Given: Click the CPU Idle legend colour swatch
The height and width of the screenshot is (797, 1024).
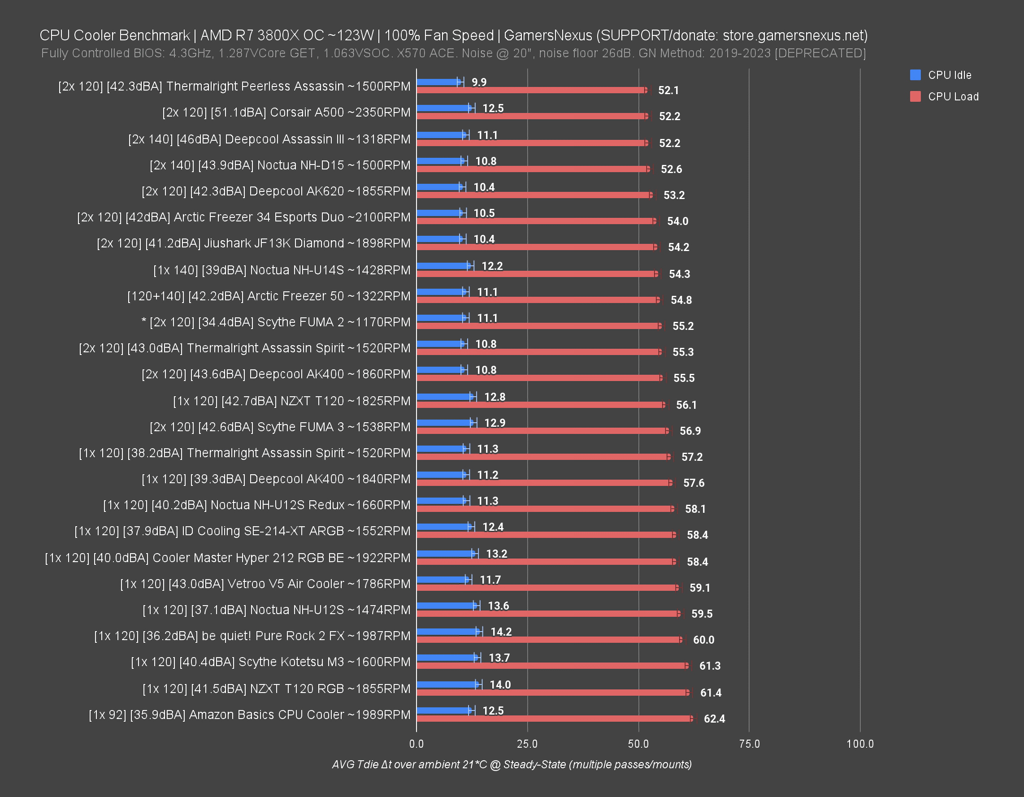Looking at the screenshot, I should click(915, 75).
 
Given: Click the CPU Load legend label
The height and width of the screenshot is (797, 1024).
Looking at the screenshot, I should click(953, 96).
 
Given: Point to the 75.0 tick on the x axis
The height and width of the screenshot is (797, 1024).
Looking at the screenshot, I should click(749, 744).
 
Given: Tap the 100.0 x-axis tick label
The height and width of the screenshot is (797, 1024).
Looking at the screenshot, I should click(859, 744).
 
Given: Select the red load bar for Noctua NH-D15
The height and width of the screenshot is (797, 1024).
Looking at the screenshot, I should click(532, 169).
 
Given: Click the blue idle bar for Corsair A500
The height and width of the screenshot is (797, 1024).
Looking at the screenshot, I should click(443, 108).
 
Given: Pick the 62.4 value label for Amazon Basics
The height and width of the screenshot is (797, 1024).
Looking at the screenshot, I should click(714, 718).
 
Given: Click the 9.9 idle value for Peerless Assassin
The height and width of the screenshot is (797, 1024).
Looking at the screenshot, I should click(479, 82).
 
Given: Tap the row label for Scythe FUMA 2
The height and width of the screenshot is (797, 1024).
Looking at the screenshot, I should click(276, 322).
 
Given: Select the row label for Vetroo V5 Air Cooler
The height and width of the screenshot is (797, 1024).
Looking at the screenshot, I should click(265, 584).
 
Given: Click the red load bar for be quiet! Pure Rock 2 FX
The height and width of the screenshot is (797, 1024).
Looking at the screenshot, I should click(549, 640).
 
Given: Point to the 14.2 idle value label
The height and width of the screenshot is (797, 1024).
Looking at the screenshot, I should click(501, 632).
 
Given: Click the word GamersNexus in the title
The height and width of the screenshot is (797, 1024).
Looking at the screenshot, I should click(547, 35).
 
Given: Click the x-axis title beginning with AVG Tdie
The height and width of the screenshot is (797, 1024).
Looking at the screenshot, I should click(512, 765).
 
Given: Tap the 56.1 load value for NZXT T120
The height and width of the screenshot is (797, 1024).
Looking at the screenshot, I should click(686, 405).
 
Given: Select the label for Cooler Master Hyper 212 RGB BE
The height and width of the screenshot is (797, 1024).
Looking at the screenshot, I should click(227, 558).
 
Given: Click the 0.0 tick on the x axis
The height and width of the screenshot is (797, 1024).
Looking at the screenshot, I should click(416, 744).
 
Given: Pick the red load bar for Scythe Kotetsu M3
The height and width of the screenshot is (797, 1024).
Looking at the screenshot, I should click(551, 666).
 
